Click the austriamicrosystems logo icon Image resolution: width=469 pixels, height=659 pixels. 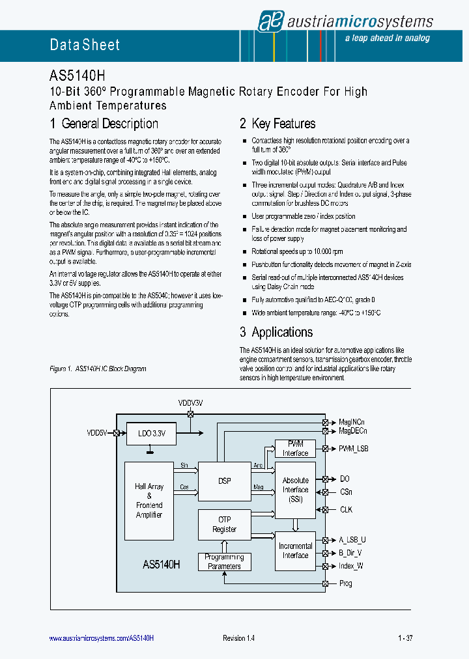(x=269, y=21)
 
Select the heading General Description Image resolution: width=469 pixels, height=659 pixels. (x=104, y=124)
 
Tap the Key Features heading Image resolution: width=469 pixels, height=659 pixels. (x=277, y=124)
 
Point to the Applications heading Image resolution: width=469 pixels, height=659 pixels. (x=276, y=332)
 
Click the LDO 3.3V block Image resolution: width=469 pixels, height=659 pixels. (x=151, y=433)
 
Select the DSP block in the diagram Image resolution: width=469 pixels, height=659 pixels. (x=224, y=481)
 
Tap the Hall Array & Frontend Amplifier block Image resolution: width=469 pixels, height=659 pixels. (x=149, y=501)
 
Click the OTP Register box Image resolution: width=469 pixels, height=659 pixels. (x=224, y=525)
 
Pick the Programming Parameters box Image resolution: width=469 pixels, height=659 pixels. (x=224, y=561)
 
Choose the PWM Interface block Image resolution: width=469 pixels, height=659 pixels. (x=295, y=449)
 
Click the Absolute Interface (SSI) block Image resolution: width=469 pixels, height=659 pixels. (x=295, y=490)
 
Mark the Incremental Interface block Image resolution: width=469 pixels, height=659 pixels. (x=295, y=551)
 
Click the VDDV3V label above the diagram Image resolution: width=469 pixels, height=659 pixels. (x=191, y=403)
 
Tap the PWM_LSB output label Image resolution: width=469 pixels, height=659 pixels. (x=354, y=449)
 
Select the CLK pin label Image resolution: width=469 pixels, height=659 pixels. (x=346, y=509)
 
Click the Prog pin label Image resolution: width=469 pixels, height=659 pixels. (x=345, y=583)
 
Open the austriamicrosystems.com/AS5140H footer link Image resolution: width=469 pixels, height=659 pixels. (x=102, y=638)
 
